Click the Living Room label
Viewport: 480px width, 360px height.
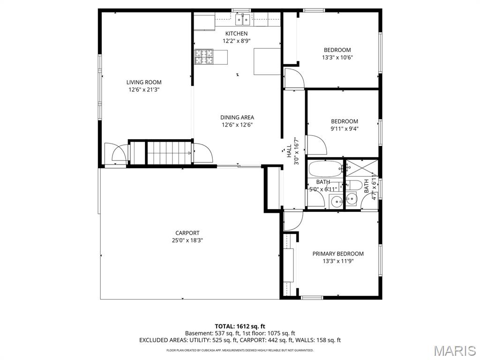pyautogui.click(x=143, y=82)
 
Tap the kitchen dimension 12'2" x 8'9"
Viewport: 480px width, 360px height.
pyautogui.click(x=236, y=41)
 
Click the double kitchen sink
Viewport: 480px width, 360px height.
pyautogui.click(x=243, y=19)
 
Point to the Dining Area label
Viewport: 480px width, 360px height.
pyautogui.click(x=237, y=118)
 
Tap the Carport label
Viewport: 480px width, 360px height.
pyautogui.click(x=187, y=233)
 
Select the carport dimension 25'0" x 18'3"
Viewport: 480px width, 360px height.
pyautogui.click(x=187, y=240)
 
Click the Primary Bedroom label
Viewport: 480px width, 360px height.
pyautogui.click(x=337, y=254)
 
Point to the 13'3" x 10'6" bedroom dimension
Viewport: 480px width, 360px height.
pyautogui.click(x=337, y=58)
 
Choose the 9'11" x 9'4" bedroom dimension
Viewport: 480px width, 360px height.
pyautogui.click(x=344, y=129)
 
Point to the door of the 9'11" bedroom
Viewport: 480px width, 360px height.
pyautogui.click(x=315, y=144)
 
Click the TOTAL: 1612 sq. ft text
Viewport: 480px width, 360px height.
pyautogui.click(x=240, y=326)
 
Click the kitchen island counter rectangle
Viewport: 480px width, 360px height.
pyautogui.click(x=267, y=61)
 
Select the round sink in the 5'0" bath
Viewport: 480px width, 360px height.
pyautogui.click(x=336, y=202)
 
